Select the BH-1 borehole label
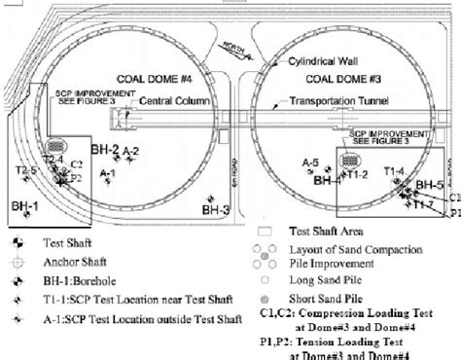[x=26, y=206]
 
